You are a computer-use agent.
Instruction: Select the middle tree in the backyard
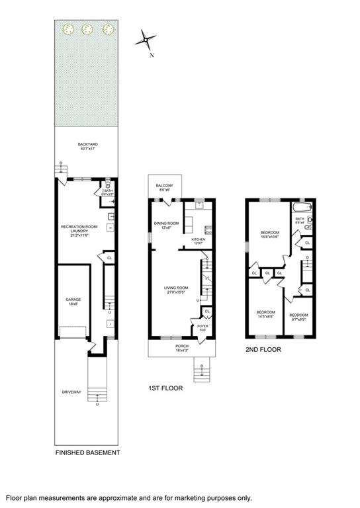click(87, 28)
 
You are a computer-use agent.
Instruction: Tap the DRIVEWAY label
click(71, 392)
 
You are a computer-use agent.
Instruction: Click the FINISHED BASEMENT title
click(87, 452)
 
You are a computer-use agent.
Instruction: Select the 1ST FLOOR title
click(165, 389)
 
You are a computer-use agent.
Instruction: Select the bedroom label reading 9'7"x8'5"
click(298, 317)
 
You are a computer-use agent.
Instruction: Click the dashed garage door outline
click(72, 331)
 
